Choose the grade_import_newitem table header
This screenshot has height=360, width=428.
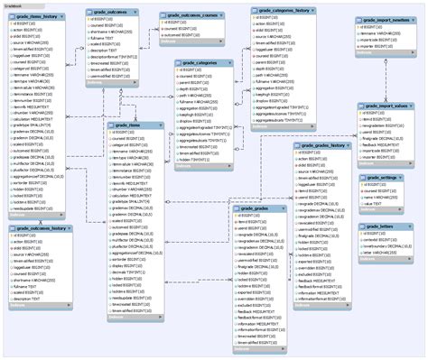(x=386, y=19)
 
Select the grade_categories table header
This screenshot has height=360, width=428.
(x=202, y=63)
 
